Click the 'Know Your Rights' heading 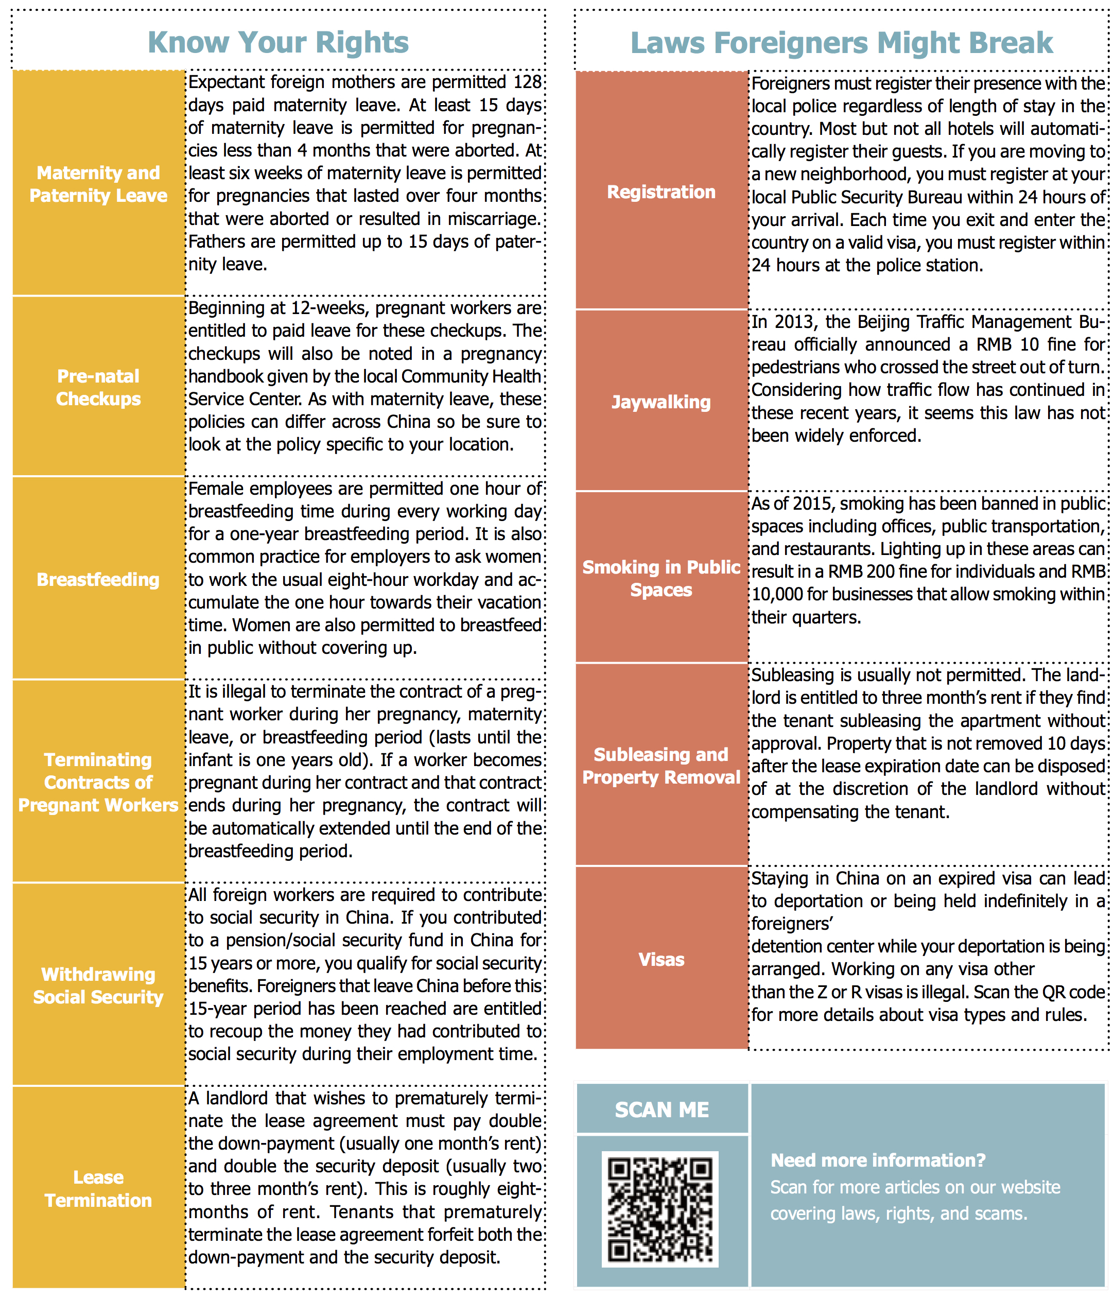[x=278, y=43]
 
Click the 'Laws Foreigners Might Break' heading [x=841, y=43]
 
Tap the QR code [x=660, y=1208]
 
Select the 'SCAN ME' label [x=662, y=1110]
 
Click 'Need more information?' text [x=878, y=1160]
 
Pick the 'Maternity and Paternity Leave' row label [x=98, y=184]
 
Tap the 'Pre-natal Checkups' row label [x=98, y=387]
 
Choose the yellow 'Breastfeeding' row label [x=98, y=579]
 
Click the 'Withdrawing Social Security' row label [x=98, y=985]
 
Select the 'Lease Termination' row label [x=98, y=1188]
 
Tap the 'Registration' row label [x=661, y=192]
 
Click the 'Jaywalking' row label [x=661, y=402]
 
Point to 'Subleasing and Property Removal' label [x=661, y=766]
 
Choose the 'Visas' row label [x=661, y=959]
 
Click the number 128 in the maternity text [x=528, y=82]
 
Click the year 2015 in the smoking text [x=813, y=504]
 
